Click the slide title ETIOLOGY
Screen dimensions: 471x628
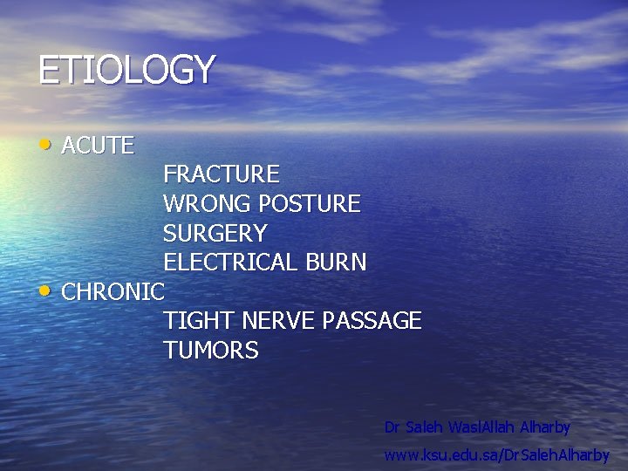[x=126, y=70]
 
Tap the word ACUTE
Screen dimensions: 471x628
[x=98, y=146]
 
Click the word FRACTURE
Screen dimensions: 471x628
[x=221, y=174]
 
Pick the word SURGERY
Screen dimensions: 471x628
[x=215, y=234]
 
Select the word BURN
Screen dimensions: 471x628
[x=336, y=263]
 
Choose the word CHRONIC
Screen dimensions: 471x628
[x=113, y=292]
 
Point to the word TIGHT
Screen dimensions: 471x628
[x=194, y=321]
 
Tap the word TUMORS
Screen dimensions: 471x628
[x=210, y=351]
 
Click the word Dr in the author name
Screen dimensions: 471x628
[x=392, y=427]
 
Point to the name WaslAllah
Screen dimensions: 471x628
[x=481, y=427]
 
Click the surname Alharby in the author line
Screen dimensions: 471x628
[x=545, y=427]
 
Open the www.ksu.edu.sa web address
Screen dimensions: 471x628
[x=497, y=455]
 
